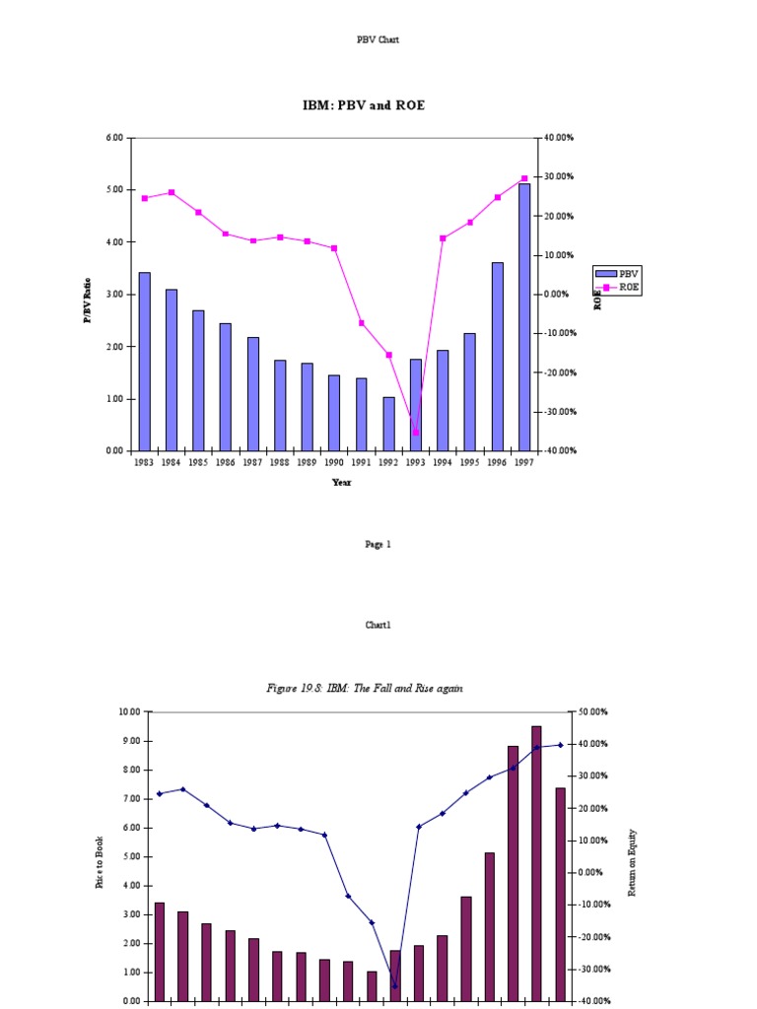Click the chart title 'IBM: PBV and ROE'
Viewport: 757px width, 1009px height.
(364, 104)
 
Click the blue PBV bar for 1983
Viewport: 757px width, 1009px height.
(145, 362)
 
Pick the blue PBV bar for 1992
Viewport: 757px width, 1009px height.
(389, 424)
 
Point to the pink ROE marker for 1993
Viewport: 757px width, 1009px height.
(416, 433)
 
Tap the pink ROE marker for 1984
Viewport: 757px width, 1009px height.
(172, 192)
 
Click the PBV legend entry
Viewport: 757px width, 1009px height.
(617, 273)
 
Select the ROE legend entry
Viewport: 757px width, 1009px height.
(617, 286)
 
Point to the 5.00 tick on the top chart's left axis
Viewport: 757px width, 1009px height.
(114, 189)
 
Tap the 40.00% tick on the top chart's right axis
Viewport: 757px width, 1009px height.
(557, 138)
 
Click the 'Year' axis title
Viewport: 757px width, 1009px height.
(341, 483)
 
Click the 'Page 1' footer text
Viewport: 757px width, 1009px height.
(378, 544)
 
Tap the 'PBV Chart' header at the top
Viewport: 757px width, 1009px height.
(378, 40)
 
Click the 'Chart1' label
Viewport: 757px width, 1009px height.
(378, 625)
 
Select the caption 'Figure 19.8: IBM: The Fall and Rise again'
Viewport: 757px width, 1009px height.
(365, 688)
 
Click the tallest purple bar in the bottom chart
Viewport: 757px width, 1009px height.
(536, 863)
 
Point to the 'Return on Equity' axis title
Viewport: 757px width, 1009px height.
(632, 860)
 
